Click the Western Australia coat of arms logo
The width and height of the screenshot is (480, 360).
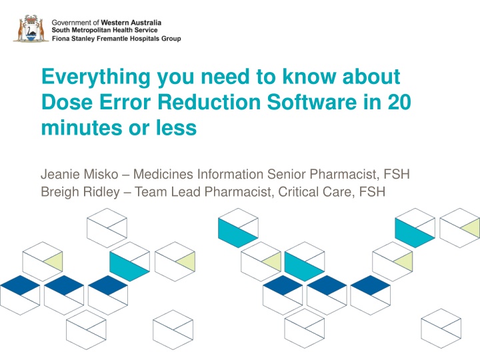pos(31,28)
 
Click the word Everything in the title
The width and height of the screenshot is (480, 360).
pos(96,77)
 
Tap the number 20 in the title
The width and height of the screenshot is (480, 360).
pos(399,101)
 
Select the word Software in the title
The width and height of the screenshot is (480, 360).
pos(311,101)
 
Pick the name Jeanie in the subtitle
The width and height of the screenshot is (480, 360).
pos(59,174)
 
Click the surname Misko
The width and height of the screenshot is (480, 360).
pos(101,174)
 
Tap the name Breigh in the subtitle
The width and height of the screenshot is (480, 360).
pos(60,192)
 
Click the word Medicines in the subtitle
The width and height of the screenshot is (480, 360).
pos(163,174)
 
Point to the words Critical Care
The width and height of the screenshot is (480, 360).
pos(315,192)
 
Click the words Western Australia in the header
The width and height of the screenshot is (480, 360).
pos(131,23)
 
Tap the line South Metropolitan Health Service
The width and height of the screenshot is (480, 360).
pos(105,30)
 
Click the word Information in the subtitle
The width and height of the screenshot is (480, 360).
pos(230,174)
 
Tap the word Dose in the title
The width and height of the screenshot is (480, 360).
pos(67,101)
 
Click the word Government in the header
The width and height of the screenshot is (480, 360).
pos(71,23)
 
